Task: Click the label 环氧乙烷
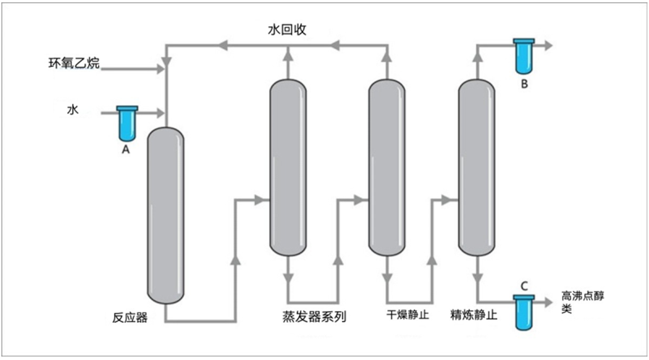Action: click(x=74, y=63)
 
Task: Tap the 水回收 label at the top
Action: click(x=287, y=31)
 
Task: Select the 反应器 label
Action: click(x=130, y=318)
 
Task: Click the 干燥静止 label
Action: click(x=408, y=314)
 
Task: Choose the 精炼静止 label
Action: click(x=473, y=314)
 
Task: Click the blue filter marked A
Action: click(x=127, y=123)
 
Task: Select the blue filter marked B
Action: click(x=524, y=56)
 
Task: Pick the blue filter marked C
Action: click(x=524, y=312)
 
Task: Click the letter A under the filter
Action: click(x=126, y=150)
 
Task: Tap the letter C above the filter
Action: click(x=525, y=285)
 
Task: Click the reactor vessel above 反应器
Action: click(x=166, y=215)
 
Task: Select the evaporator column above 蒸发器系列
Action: click(x=288, y=168)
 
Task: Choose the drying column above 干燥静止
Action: click(x=386, y=168)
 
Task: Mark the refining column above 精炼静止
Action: click(x=477, y=168)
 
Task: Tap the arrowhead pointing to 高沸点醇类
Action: click(x=547, y=302)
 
